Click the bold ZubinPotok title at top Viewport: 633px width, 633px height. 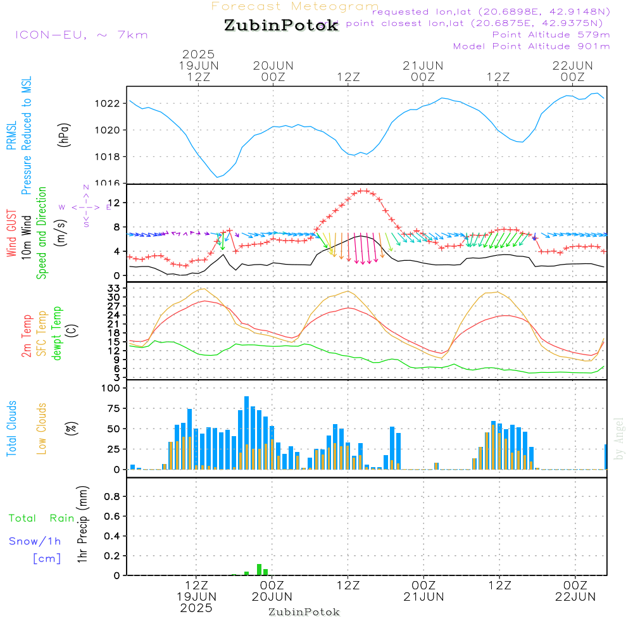[281, 26]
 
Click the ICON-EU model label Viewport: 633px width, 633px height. [81, 35]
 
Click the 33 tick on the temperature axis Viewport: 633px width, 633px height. [115, 288]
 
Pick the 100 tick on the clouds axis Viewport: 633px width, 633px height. [111, 388]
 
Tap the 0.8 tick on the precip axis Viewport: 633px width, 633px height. [113, 496]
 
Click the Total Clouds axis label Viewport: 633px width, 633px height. [12, 429]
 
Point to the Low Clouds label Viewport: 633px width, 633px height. [42, 429]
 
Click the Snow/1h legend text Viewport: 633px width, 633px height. [35, 541]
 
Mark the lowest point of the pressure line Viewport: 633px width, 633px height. [218, 177]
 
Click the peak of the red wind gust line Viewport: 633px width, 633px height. [363, 190]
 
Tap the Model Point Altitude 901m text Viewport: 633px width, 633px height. [532, 46]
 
